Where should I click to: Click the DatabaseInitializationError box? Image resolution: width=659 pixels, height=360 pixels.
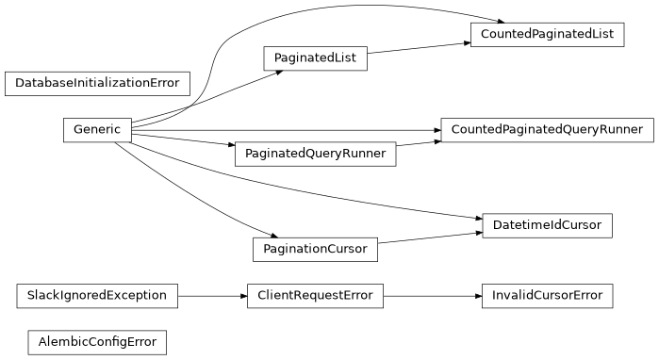coord(98,83)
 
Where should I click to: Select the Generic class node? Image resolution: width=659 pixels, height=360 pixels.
coord(97,130)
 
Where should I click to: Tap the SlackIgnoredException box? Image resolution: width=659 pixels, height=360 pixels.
coord(97,296)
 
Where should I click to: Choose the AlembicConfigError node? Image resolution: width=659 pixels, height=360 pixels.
coord(97,341)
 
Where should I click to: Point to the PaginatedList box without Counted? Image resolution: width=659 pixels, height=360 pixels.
coord(315,58)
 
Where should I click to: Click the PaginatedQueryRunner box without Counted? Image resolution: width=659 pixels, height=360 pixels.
coord(315,154)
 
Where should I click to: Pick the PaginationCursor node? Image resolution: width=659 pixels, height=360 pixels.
coord(315,250)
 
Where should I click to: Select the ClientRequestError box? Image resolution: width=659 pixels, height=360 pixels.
coord(315,296)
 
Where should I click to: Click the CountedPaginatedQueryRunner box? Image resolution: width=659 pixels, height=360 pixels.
coord(547,130)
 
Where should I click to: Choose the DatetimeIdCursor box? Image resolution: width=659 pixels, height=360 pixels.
coord(547,226)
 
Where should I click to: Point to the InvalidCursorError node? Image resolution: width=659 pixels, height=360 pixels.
coord(547,296)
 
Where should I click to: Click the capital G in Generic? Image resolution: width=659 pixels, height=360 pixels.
coord(78,130)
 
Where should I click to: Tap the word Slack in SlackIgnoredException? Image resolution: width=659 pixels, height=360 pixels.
coord(43,296)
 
